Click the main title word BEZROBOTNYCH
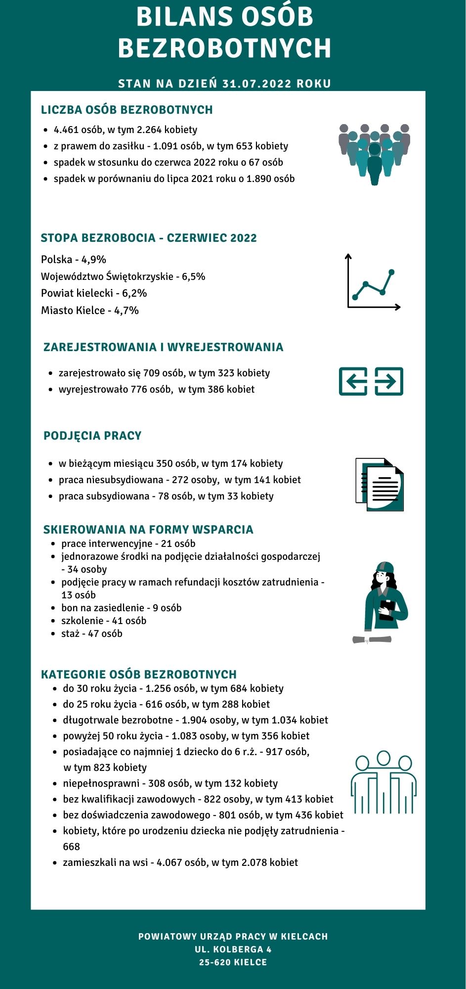(224, 48)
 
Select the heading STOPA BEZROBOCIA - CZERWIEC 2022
(149, 238)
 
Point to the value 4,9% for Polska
(94, 260)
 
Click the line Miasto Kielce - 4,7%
(90, 311)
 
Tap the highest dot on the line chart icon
(392, 272)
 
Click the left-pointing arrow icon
(353, 381)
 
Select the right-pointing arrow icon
(389, 381)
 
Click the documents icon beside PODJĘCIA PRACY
(380, 485)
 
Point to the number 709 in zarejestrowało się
(151, 373)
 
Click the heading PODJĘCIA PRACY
(92, 436)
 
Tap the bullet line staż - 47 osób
(92, 633)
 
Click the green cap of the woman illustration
(384, 567)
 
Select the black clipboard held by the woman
(386, 609)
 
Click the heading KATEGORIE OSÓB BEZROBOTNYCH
(139, 674)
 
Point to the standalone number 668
(71, 847)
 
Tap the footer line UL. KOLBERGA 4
(233, 949)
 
